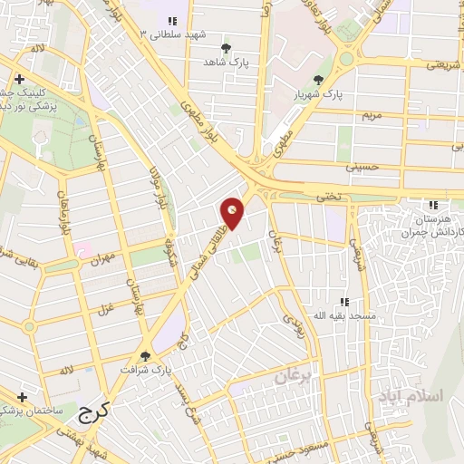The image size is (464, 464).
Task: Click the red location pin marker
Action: [233, 213]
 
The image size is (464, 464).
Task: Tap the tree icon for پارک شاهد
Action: [226, 48]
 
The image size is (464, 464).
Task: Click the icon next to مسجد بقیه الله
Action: [343, 303]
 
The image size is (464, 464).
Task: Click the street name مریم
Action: [374, 115]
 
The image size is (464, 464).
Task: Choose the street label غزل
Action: [105, 285]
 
